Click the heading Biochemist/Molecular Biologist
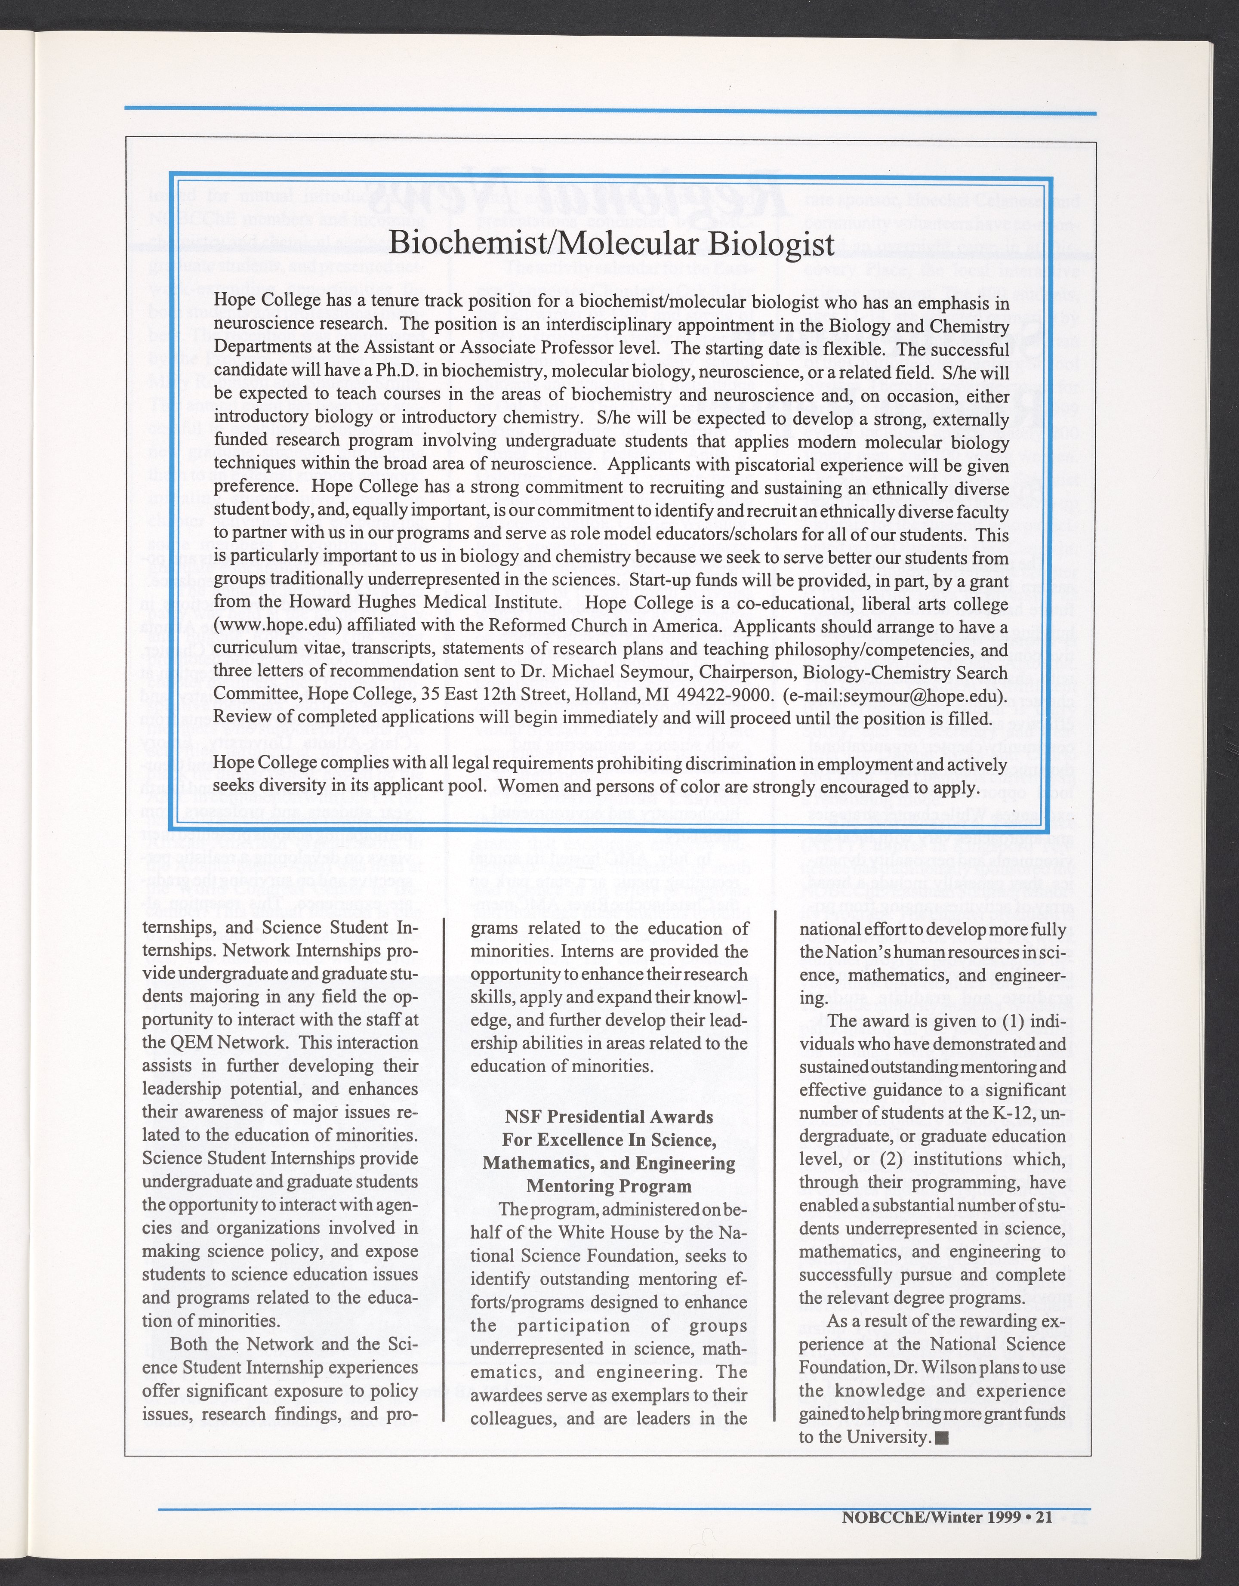[x=611, y=243]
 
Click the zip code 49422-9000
[x=723, y=695]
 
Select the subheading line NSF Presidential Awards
[x=609, y=1116]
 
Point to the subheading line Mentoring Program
[x=609, y=1186]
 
